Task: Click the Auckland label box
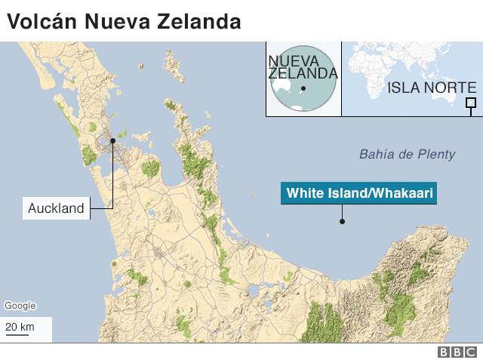pyautogui.click(x=57, y=208)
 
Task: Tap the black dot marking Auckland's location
pyautogui.click(x=112, y=140)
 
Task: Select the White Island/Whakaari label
pyautogui.click(x=358, y=194)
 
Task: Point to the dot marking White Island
pyautogui.click(x=342, y=222)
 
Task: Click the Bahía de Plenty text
pyautogui.click(x=407, y=155)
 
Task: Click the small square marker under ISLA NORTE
pyautogui.click(x=471, y=103)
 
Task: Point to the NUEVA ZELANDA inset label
pyautogui.click(x=303, y=66)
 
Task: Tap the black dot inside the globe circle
pyautogui.click(x=303, y=89)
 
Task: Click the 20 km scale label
pyautogui.click(x=20, y=327)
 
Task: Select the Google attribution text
pyautogui.click(x=20, y=306)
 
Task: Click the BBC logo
pyautogui.click(x=457, y=352)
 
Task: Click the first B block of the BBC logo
pyautogui.click(x=444, y=352)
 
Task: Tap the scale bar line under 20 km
pyautogui.click(x=18, y=334)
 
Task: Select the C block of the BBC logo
pyautogui.click(x=471, y=352)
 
